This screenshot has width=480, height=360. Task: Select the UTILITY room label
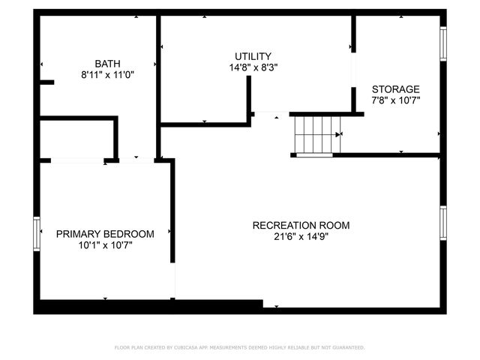click(x=253, y=56)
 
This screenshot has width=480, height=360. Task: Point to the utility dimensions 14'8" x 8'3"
click(x=253, y=67)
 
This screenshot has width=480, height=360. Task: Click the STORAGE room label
click(x=395, y=88)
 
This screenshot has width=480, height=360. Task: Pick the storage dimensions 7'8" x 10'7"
click(x=395, y=100)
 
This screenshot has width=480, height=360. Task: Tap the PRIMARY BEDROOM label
click(x=105, y=234)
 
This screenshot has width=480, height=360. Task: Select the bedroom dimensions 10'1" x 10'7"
click(x=105, y=245)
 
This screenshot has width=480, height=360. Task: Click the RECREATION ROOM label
click(x=301, y=225)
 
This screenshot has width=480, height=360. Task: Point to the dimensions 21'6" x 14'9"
click(x=301, y=236)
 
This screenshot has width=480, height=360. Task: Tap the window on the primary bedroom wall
click(x=36, y=234)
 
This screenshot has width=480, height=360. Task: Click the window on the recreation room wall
click(x=443, y=225)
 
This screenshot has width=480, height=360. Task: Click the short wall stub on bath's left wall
click(x=46, y=82)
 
